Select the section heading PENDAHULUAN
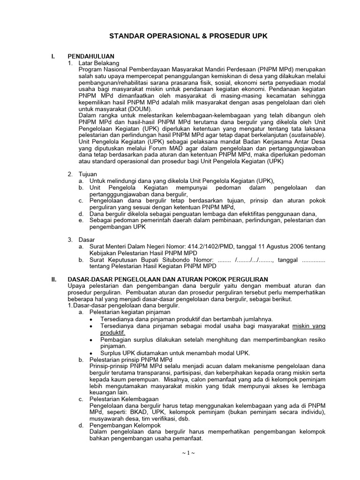(91, 56)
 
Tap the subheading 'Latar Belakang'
(100, 62)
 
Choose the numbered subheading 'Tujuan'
(89, 174)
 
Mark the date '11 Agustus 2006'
(264, 246)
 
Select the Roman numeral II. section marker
(54, 279)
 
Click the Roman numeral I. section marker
(53, 56)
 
